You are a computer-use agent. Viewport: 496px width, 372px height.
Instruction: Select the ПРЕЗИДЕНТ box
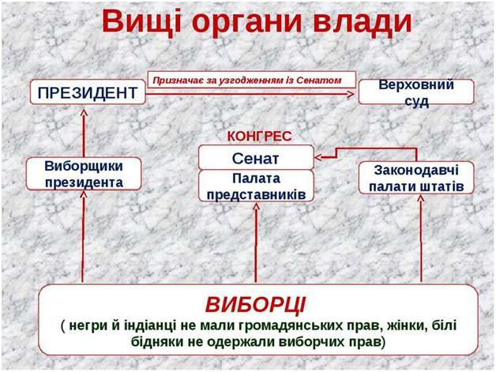[88, 92]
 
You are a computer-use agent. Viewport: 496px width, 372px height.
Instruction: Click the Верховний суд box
[416, 92]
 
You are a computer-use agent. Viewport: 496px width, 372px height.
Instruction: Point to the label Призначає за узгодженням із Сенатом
[247, 81]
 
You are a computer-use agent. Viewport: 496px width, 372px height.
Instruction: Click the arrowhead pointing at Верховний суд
[351, 94]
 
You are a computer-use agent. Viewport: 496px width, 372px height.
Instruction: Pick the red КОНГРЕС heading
[259, 137]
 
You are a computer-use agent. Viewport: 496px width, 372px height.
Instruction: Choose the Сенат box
[256, 157]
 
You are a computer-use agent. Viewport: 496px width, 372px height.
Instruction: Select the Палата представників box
[256, 186]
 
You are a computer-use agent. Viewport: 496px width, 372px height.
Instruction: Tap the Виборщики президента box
[84, 174]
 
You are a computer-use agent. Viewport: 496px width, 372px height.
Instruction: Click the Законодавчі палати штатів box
[416, 178]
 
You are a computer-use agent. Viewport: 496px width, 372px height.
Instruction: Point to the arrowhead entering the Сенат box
[319, 157]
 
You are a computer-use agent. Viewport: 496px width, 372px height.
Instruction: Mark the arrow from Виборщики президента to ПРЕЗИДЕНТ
[84, 133]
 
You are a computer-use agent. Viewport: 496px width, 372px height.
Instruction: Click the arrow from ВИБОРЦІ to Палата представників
[256, 242]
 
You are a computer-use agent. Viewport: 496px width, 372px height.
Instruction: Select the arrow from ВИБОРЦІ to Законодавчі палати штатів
[421, 239]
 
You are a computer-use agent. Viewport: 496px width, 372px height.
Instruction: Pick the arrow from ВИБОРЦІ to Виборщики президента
[83, 237]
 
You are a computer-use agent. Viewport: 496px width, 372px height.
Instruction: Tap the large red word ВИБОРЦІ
[256, 305]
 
